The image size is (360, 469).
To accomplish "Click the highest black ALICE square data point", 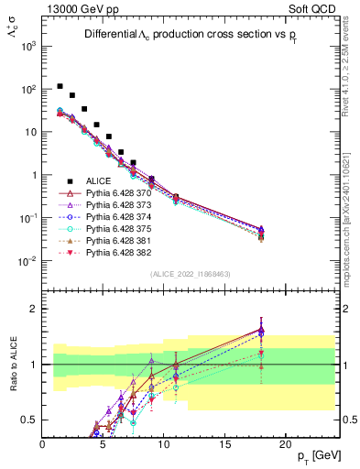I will [60, 86].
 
